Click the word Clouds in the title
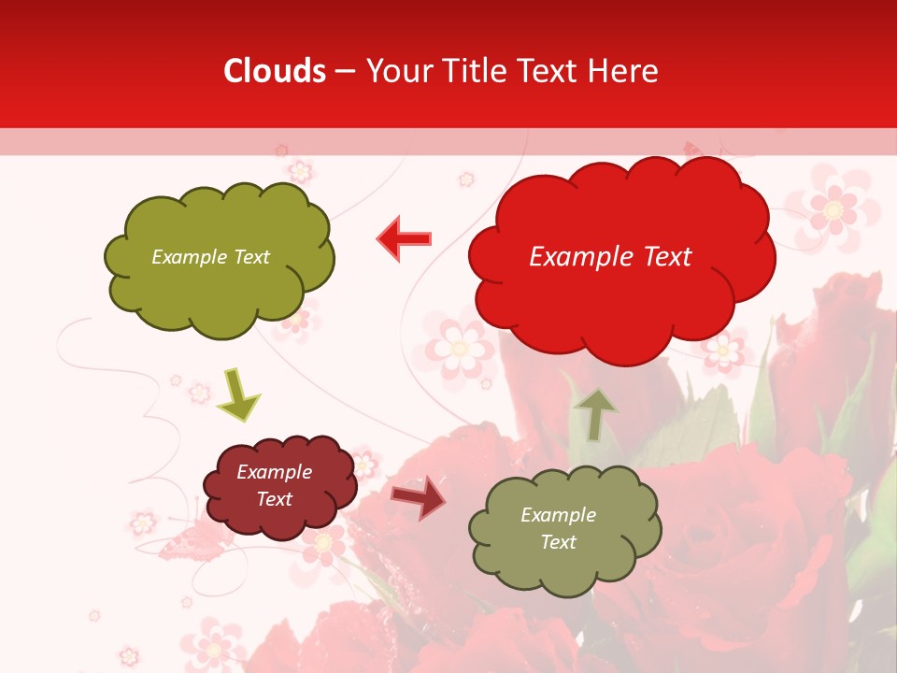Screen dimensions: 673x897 (x=275, y=71)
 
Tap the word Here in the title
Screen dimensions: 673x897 (x=625, y=71)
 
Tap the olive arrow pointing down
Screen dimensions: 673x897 (x=237, y=395)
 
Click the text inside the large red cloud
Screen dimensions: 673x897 (x=610, y=257)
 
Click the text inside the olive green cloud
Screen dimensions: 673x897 (x=210, y=257)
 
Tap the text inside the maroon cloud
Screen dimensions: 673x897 (x=275, y=485)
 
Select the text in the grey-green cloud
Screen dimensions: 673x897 (x=558, y=528)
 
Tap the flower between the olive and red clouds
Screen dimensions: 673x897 (x=458, y=348)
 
